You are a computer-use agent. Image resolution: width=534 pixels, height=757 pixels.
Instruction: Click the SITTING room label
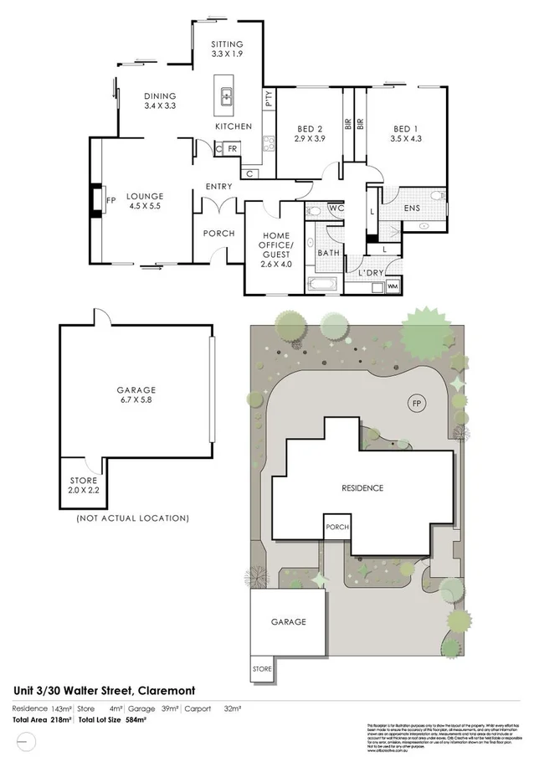click(228, 44)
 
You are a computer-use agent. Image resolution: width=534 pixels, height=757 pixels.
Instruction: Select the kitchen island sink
click(226, 97)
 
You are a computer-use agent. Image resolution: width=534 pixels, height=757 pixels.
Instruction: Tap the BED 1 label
click(406, 128)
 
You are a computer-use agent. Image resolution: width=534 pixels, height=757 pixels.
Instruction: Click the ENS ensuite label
click(411, 208)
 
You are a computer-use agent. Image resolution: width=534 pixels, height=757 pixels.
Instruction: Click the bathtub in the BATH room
click(323, 284)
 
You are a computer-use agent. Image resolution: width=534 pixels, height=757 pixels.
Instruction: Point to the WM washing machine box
click(392, 286)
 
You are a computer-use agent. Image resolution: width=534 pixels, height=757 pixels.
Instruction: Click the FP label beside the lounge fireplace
click(110, 199)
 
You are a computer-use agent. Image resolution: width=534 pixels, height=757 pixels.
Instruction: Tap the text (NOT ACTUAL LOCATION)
click(132, 518)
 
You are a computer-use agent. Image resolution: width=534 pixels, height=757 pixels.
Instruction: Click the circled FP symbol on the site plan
click(417, 404)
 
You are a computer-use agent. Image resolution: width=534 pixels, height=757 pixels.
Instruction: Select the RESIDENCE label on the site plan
click(362, 487)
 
